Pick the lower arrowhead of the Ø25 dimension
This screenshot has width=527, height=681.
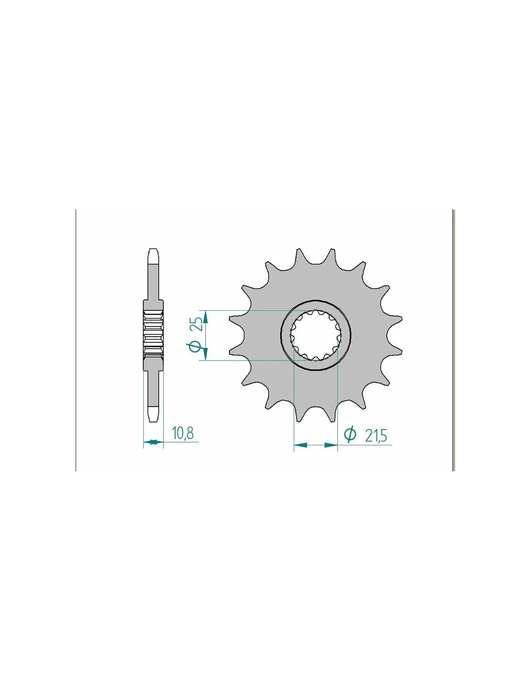coord(206,353)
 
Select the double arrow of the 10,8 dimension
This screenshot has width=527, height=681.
coord(153,442)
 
